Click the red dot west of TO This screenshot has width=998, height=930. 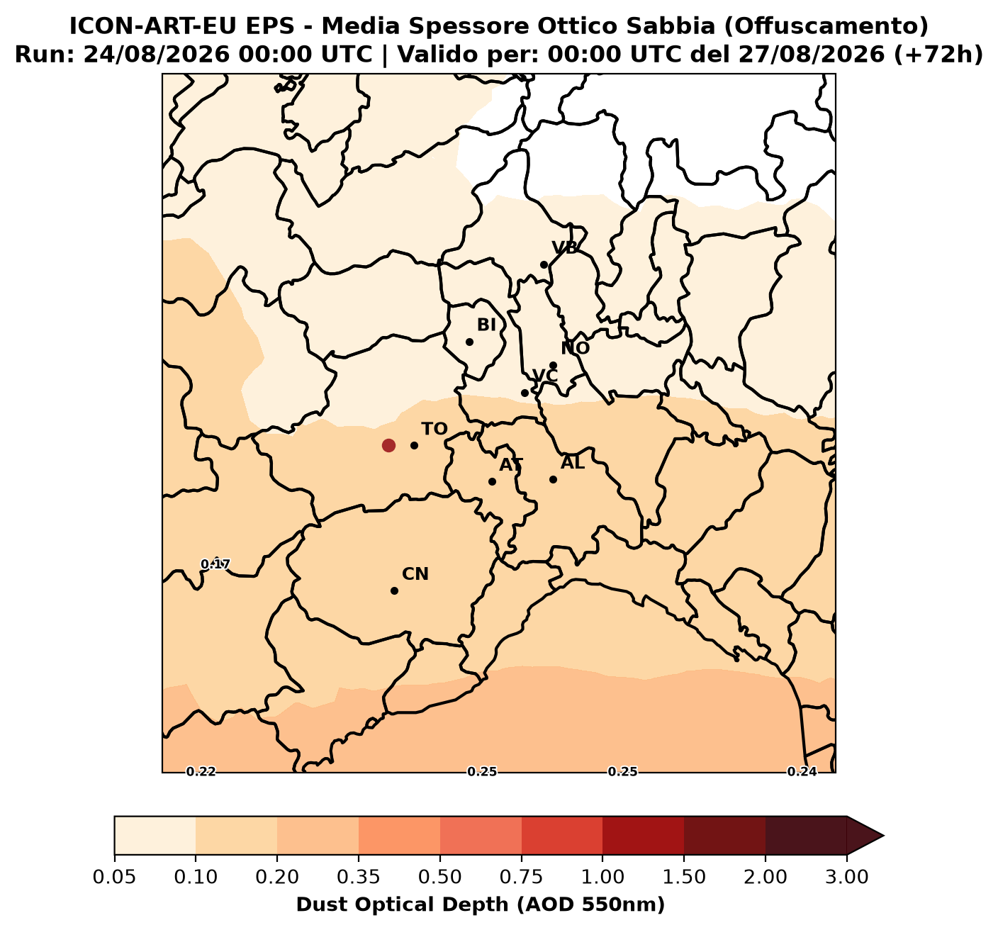coord(388,445)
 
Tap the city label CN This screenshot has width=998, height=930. coord(415,573)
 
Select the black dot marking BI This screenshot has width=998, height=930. coord(469,342)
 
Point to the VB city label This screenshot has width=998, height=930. coord(565,247)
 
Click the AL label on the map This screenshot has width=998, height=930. coord(573,462)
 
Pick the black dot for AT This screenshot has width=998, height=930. coord(492,481)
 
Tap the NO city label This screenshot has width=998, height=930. coord(575,348)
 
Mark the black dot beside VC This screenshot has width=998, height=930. coord(525,393)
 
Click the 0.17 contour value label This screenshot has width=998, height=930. coord(215,564)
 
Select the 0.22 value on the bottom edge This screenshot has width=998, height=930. coord(201,772)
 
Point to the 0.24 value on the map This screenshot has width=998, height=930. coord(802,772)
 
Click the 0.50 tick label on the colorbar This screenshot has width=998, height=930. coord(439,876)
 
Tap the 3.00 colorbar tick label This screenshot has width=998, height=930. coord(847,876)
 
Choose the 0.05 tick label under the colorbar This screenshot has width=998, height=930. coord(114,876)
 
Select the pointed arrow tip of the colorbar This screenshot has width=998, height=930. coord(883,836)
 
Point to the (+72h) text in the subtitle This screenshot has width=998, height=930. coord(938,55)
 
